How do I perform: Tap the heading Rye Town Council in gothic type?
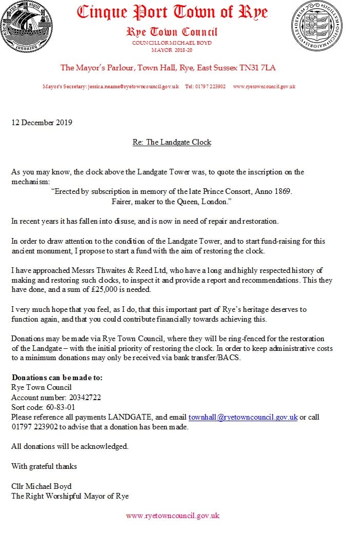172,32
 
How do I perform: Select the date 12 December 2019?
42,123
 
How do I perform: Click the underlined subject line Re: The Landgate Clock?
172,142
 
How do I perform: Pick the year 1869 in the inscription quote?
279,191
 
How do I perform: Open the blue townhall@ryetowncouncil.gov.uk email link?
243,417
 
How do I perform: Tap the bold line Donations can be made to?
57,378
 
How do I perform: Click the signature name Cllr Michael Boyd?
42,486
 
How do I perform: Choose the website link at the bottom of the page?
172,516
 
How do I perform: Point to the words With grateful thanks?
44,466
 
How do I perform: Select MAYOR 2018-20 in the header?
172,50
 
